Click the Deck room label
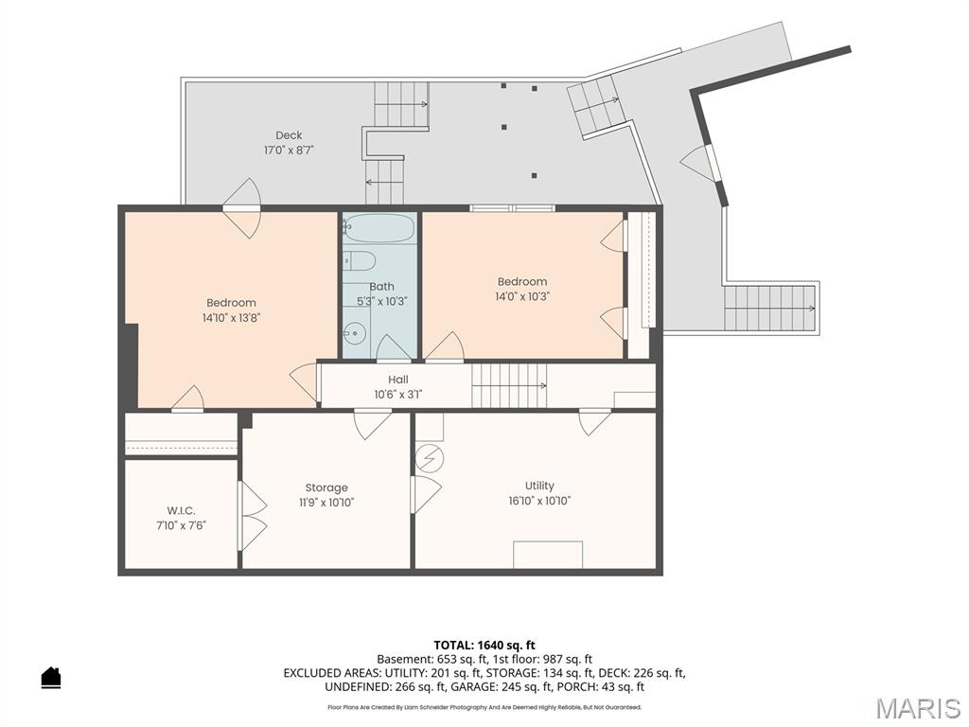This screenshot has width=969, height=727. click(x=289, y=135)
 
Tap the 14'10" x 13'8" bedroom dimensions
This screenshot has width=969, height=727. click(x=231, y=318)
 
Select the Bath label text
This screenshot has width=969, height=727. click(x=382, y=286)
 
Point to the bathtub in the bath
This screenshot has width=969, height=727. click(x=379, y=228)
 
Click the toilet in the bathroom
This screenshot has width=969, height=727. click(x=359, y=261)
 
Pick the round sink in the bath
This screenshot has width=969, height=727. click(x=356, y=333)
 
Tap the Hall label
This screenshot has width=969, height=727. click(x=398, y=380)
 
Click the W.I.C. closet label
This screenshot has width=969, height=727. click(x=181, y=510)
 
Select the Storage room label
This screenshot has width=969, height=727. click(x=326, y=488)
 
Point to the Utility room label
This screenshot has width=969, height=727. click(x=539, y=486)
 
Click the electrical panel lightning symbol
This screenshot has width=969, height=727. click(x=429, y=459)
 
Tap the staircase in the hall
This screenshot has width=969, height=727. click(x=509, y=386)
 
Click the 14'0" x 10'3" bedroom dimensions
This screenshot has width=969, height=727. click(x=522, y=296)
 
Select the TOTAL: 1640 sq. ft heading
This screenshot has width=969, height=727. click(x=484, y=646)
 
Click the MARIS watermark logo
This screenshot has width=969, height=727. click(x=918, y=708)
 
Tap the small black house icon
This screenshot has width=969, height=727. click(x=51, y=677)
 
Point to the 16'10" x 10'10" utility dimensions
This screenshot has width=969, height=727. click(x=539, y=501)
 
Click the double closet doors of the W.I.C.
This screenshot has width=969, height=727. click(x=253, y=516)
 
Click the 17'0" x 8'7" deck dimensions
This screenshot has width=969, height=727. click(x=290, y=151)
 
